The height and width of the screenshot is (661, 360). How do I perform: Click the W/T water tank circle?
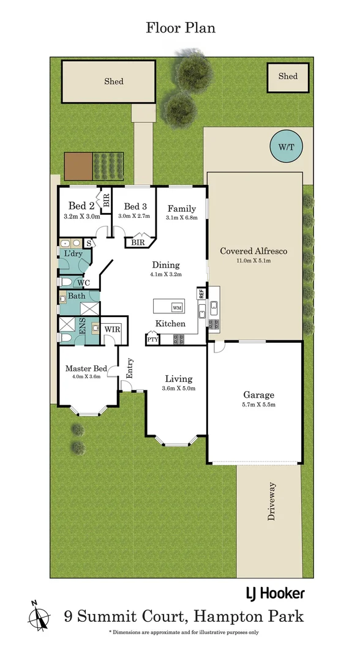pos(285,147)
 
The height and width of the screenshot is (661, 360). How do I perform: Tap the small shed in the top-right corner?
pos(288,77)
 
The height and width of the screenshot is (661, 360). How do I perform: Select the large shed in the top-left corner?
pos(110,81)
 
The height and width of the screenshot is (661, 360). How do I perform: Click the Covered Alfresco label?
pos(253,251)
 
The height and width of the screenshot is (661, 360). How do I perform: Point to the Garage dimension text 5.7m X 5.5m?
pos(258,405)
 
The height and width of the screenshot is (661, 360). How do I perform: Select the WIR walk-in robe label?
pos(112,329)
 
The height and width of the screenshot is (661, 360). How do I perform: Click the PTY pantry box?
pos(152,338)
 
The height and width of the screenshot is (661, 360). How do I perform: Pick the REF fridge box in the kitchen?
pos(200,293)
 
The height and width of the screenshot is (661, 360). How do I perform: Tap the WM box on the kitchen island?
pos(177,307)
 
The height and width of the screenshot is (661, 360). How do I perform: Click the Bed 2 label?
pos(81,206)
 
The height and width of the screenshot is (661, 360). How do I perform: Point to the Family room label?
pos(182,208)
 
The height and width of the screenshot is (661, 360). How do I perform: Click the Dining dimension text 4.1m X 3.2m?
pos(166,275)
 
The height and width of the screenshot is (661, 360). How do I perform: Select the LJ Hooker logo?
pos(275,593)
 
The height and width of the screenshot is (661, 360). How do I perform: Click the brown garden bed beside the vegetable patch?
pos(78,165)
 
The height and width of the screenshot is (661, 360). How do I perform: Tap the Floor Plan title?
pos(180,28)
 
